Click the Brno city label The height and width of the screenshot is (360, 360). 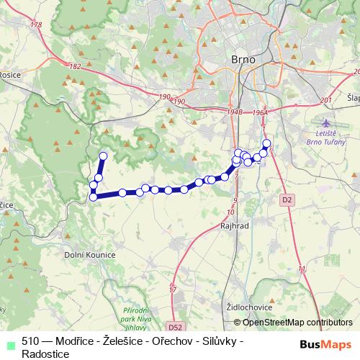pos(240,59)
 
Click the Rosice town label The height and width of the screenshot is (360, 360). pos(10,73)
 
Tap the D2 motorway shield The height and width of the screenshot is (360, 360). pos(287,199)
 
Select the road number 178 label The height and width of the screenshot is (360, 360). pos(37,25)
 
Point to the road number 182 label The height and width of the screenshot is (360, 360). pos(75,66)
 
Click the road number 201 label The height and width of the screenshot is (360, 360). pos(325,100)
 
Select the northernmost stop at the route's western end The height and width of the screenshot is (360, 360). pos(103,156)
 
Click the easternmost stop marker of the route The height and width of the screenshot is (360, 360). pos(266,144)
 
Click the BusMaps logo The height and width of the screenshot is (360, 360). pos(325,344)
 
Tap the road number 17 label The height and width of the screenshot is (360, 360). pos(172,289)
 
